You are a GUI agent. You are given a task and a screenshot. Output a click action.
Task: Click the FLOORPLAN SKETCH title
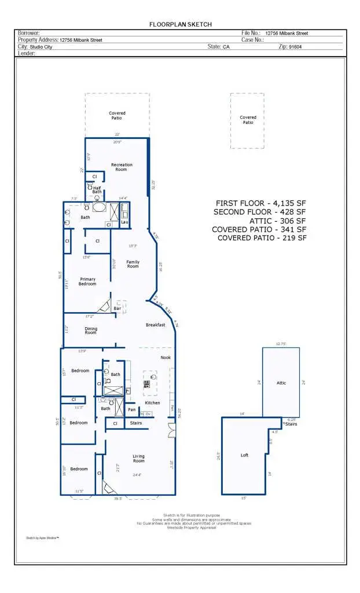click(180, 24)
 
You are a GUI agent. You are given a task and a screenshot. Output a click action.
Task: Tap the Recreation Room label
click(122, 167)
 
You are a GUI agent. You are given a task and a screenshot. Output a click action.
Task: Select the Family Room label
click(133, 264)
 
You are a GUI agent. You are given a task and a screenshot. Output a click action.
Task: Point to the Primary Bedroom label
click(87, 281)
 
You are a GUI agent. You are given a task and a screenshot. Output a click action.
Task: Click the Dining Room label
click(91, 331)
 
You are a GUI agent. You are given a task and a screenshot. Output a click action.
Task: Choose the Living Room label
click(139, 459)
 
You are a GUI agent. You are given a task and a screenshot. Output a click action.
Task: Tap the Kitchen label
click(152, 402)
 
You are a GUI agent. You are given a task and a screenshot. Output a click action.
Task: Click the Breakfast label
click(155, 325)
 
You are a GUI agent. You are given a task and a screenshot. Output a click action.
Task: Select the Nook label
click(166, 357)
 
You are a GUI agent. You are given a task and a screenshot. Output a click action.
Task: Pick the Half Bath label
click(97, 189)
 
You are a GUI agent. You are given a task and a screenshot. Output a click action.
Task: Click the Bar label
click(117, 309)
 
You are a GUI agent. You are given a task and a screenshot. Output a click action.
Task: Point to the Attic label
click(281, 383)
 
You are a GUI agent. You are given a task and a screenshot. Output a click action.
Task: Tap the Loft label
click(244, 455)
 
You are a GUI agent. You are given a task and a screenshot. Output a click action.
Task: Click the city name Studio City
click(41, 47)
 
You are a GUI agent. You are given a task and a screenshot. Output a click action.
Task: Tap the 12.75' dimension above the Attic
click(281, 344)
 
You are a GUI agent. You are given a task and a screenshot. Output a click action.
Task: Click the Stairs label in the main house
click(136, 423)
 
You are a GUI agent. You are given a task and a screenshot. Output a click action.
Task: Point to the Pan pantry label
click(132, 409)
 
